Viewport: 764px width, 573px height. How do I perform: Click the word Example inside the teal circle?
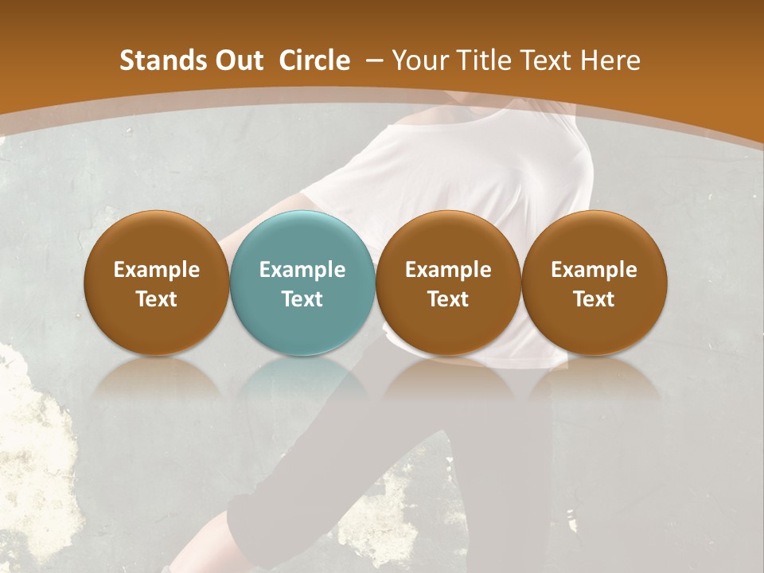pyautogui.click(x=302, y=270)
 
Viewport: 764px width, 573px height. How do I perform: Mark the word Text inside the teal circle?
pyautogui.click(x=302, y=299)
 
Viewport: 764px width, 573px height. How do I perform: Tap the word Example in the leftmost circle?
pyautogui.click(x=157, y=270)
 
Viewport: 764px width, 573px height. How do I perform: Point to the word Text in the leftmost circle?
pyautogui.click(x=157, y=299)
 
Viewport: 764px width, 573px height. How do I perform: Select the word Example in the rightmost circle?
pyautogui.click(x=594, y=270)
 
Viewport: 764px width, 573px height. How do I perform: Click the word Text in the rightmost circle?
pyautogui.click(x=594, y=299)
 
